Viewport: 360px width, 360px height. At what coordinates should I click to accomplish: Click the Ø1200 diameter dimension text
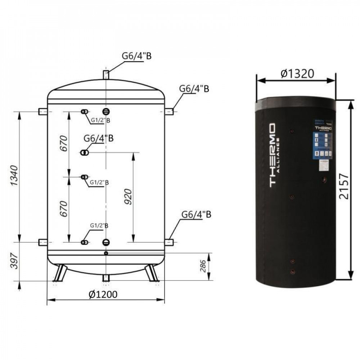tap(103, 294)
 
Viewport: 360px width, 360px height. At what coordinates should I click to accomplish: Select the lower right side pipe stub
tap(169, 242)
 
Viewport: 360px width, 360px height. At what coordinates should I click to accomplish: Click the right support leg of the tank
tap(152, 273)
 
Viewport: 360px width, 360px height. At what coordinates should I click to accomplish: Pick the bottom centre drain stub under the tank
tap(106, 278)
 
